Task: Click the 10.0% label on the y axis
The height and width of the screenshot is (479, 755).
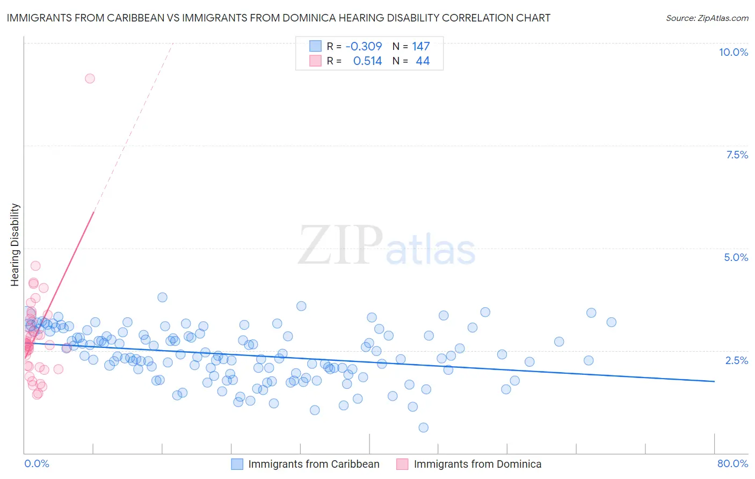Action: pos(733,52)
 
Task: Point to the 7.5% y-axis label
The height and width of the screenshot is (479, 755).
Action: pos(737,155)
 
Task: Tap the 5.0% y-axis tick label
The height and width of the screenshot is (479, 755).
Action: pos(736,257)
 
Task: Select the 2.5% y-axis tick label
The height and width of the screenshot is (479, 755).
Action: pos(737,360)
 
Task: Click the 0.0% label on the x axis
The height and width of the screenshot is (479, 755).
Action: pos(37,463)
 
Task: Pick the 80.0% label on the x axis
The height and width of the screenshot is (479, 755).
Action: pos(732,463)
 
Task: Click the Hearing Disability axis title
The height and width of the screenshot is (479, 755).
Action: pos(15,244)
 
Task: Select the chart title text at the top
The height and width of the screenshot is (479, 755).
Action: pos(278,18)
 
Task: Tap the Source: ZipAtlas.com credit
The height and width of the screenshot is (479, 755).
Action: pos(707,18)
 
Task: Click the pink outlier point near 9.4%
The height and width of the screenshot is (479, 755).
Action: pos(90,78)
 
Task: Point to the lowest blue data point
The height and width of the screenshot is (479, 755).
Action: pos(423,427)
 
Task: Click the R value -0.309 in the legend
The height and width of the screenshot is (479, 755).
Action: pos(364,46)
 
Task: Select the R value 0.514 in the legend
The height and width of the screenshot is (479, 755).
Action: pos(367,61)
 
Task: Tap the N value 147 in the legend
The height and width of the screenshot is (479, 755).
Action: pos(420,46)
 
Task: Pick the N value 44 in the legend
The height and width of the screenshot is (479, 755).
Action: pos(423,61)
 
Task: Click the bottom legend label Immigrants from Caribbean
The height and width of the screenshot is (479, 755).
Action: pos(314,464)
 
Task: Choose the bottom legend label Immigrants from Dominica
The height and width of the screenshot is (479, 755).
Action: pos(477,464)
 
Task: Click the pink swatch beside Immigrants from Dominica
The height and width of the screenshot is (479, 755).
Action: pos(402,464)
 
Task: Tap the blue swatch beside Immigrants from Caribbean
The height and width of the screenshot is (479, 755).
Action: pos(237,464)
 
